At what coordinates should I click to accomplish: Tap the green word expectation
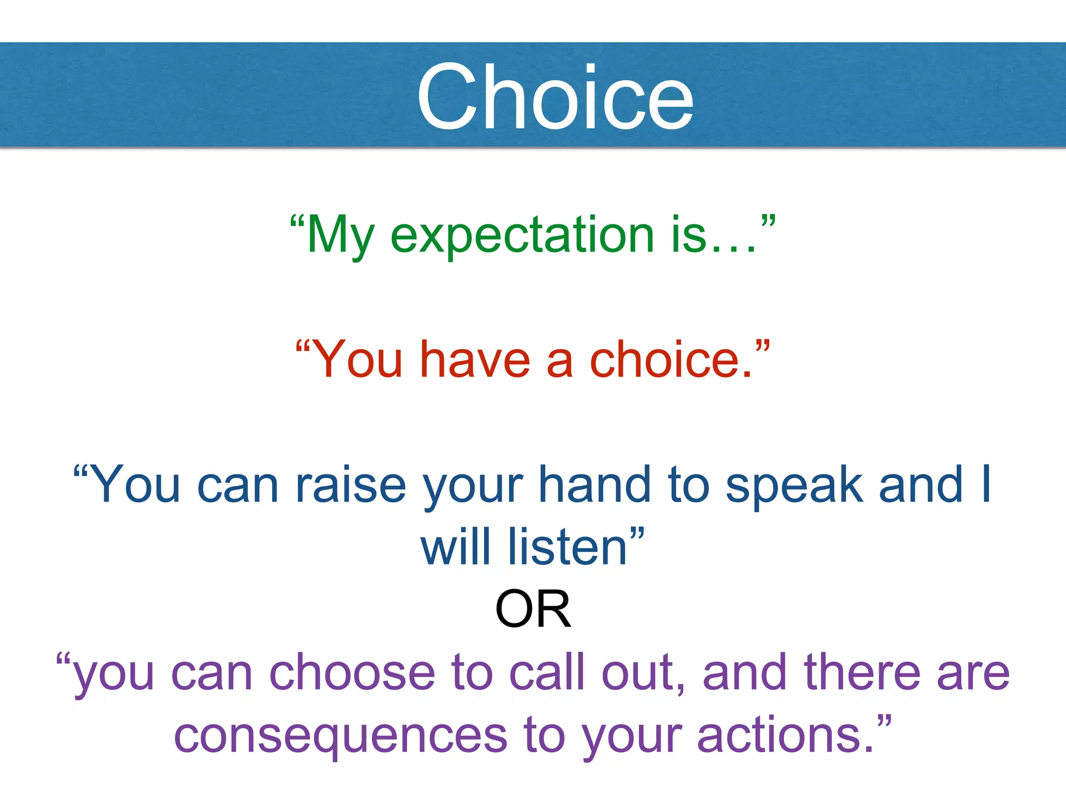pos(522,235)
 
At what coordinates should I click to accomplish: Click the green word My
pos(341,236)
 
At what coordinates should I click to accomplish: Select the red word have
pos(475,360)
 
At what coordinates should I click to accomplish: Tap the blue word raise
pos(351,485)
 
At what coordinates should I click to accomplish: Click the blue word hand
pos(594,485)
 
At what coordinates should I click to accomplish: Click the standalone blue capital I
pos(985,485)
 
